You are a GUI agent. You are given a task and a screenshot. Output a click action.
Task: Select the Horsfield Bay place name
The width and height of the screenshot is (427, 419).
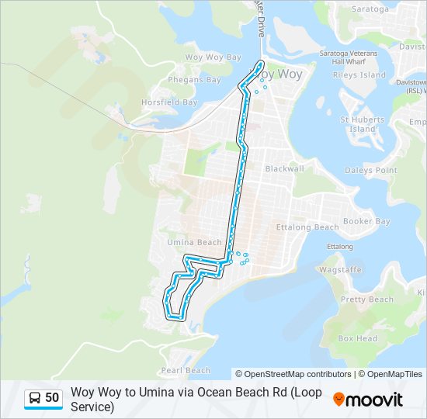click(x=169, y=102)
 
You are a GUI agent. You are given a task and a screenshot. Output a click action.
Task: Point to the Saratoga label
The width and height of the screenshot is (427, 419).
click(x=370, y=9)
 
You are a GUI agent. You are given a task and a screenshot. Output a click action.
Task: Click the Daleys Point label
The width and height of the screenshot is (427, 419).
click(x=370, y=170)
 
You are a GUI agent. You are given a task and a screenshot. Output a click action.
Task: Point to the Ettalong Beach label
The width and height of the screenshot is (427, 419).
click(x=307, y=227)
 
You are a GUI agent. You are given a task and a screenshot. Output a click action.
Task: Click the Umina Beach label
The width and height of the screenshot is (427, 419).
click(x=194, y=242)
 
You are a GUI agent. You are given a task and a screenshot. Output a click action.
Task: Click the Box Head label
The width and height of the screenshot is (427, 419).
click(x=357, y=338)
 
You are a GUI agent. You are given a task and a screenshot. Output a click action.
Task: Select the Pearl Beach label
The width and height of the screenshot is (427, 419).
click(x=186, y=370)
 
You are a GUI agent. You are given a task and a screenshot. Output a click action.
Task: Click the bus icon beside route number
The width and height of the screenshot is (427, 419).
click(x=34, y=398)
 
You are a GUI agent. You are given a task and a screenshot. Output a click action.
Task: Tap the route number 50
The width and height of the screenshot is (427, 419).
click(x=52, y=398)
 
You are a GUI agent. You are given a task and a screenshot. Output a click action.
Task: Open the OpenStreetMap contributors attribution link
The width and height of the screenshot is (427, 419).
click(x=293, y=374)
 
